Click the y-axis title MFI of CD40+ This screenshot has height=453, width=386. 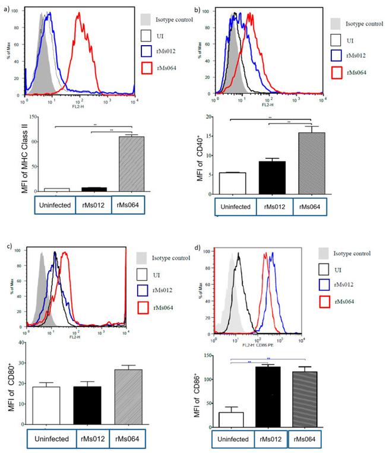coord(207,155)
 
